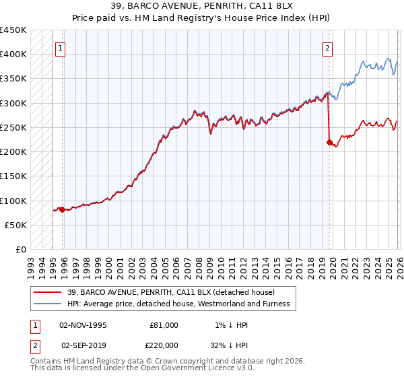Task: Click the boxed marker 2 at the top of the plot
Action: coord(328,48)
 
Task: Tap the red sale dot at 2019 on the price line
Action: coord(329,142)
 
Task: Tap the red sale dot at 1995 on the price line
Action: coord(62,209)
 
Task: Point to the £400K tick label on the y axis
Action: coord(13,55)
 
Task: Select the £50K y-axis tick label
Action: coord(15,225)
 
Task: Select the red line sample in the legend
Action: coord(48,292)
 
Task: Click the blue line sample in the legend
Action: coord(48,304)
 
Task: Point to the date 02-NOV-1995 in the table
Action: coord(83,324)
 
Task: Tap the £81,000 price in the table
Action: coord(164,324)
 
